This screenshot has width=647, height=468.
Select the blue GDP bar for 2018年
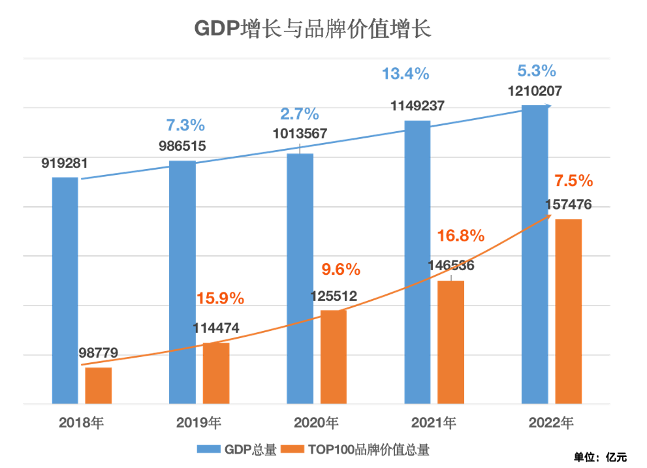click(65, 290)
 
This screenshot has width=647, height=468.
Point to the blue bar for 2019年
click(182, 282)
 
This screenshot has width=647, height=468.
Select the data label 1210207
click(535, 91)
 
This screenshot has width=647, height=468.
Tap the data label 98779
click(98, 353)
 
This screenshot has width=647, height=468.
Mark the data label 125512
click(333, 296)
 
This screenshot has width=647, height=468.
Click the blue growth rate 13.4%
click(405, 74)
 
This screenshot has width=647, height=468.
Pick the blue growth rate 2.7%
click(300, 114)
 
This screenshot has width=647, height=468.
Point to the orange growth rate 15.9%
click(220, 299)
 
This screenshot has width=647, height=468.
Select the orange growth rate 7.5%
click(573, 180)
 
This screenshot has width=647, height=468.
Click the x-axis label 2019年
click(198, 422)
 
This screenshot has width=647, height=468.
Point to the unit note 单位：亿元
click(600, 456)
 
